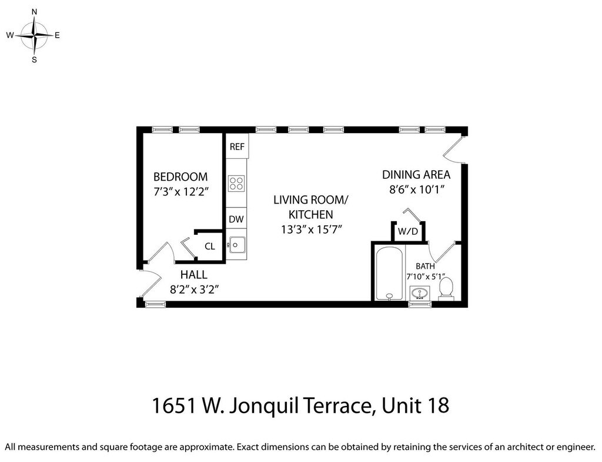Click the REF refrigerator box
tap(237, 146)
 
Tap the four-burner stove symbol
tap(236, 184)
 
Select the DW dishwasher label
tap(236, 219)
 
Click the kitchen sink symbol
tap(237, 245)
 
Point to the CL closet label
tap(210, 247)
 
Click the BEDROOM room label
tap(180, 177)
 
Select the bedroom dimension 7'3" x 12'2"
tap(180, 191)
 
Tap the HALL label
tap(194, 275)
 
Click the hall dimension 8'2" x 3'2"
tap(194, 289)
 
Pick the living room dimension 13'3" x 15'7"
tap(312, 230)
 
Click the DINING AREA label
tap(416, 175)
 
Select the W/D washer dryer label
tap(408, 231)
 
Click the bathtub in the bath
tap(389, 273)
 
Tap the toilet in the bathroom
tap(446, 288)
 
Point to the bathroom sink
tap(420, 293)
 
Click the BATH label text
tap(426, 266)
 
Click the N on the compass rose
tap(34, 12)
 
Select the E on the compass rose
tap(57, 35)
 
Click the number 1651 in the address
tap(175, 406)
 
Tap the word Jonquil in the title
tap(264, 406)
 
